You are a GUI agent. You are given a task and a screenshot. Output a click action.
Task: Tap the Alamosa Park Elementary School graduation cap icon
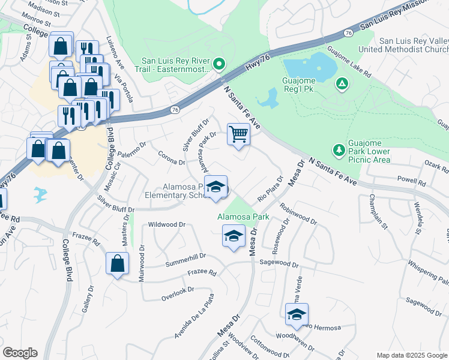pos(215,187)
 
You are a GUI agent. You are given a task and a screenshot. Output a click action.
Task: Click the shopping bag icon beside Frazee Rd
pos(117,263)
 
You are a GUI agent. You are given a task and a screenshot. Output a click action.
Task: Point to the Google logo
pos(20,353)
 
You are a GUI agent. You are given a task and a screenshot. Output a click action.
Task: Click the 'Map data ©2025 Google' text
pos(411,355)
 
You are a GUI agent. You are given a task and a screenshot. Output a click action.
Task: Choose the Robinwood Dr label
pos(298,214)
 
